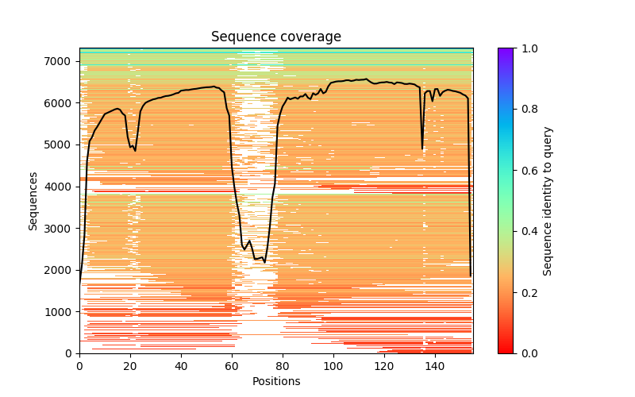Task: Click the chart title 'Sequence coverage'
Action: tap(276, 37)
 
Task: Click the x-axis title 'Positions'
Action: tap(276, 381)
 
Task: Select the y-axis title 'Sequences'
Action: tap(33, 200)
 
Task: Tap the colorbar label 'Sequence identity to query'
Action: tap(548, 200)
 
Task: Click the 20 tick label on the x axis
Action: tap(130, 365)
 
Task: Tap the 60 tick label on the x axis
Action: tap(232, 365)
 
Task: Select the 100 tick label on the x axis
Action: tap(333, 365)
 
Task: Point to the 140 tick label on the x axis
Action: tap(435, 365)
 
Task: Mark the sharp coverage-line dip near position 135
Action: tap(422, 148)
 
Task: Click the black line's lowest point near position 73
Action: tap(264, 262)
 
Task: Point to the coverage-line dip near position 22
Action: tap(135, 150)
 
